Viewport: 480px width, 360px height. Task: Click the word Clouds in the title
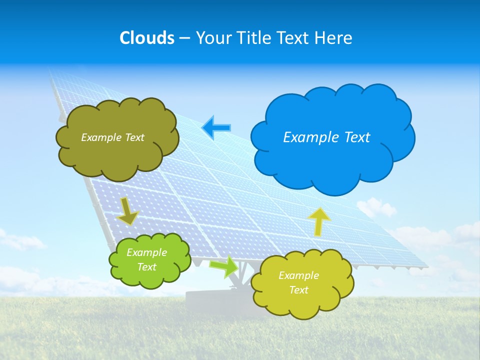click(147, 38)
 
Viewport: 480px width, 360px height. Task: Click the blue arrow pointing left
click(216, 127)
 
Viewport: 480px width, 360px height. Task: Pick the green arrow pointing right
click(223, 266)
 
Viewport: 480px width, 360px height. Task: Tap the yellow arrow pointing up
click(319, 221)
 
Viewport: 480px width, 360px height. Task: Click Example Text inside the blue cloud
click(326, 137)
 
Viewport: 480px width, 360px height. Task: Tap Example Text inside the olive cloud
click(112, 137)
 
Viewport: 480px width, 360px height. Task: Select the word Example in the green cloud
click(146, 252)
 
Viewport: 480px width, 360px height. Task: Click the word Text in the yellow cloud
click(298, 290)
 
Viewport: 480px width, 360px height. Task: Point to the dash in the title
click(184, 38)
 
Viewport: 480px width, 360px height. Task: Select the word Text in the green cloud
click(146, 267)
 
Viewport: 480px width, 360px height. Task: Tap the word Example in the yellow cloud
click(298, 275)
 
